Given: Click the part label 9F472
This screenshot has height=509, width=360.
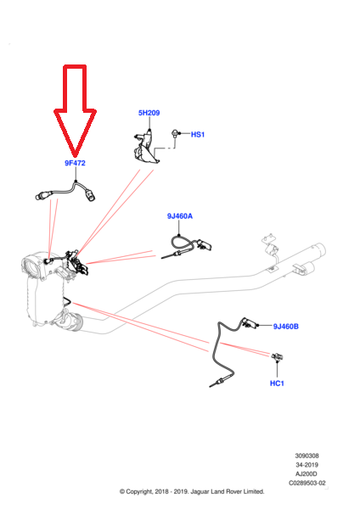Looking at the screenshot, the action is pos(75,163).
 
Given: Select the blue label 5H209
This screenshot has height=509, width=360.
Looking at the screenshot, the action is pos(149,113).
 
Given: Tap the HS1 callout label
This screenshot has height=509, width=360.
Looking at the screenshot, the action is pos(198,134).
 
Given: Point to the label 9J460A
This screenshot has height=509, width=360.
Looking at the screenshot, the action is pos(180,215).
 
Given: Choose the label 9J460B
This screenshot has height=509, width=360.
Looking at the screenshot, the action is pos(285,327).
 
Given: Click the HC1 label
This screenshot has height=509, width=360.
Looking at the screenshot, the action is pos(277,383).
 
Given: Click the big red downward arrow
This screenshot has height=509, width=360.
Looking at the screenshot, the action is pos(75,109).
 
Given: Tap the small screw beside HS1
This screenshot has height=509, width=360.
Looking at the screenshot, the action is pos(175,133).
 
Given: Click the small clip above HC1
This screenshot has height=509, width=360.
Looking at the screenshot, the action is pos(277,356).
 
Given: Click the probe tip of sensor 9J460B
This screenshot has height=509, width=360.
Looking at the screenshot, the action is pos(212,385).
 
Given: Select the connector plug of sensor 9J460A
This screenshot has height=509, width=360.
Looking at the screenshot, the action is pos(204,244).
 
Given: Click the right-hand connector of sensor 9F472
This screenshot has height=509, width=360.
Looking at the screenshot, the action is pos(90,195).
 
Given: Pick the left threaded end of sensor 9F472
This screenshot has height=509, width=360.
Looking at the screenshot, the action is pos(40,196).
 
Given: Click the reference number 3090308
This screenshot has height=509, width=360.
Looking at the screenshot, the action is pos(307,456).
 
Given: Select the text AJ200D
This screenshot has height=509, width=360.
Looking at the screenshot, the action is pos(307,474).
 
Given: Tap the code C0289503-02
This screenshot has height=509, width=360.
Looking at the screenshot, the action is pos(307,483).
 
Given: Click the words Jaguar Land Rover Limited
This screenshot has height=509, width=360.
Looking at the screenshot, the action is pos(228,492).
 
